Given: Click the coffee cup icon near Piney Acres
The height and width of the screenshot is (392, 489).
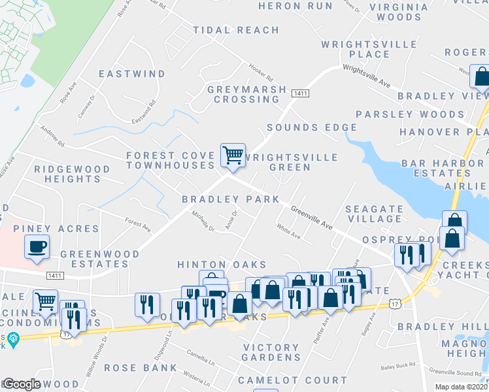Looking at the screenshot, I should pos(37,247).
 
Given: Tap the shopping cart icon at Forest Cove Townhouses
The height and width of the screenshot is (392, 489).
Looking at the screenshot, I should pos(233,155).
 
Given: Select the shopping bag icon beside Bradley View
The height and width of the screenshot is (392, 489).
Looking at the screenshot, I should pos(481,76).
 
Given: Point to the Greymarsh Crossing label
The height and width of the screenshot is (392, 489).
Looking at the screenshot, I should pos(246,94).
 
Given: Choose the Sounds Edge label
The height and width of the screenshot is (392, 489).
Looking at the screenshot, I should pos(312,127).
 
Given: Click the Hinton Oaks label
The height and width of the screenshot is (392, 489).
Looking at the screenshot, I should pos(222,264).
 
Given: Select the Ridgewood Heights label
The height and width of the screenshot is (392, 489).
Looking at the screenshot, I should pos(73,174).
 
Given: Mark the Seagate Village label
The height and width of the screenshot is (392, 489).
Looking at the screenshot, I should pos(374,214).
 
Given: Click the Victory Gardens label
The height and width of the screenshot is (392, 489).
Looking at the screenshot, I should pos(271,352).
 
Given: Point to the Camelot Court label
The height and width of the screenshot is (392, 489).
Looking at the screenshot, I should pos(292,380).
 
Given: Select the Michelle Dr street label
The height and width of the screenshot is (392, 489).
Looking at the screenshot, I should pos(203,220).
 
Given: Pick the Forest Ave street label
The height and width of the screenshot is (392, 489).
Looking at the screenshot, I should pos(138,225).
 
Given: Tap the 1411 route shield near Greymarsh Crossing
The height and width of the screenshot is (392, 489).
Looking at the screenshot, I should pos(300,94).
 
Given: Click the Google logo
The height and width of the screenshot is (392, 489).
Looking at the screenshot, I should pos(21,384).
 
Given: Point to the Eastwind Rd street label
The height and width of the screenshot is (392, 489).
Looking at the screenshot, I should pos(144,112).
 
